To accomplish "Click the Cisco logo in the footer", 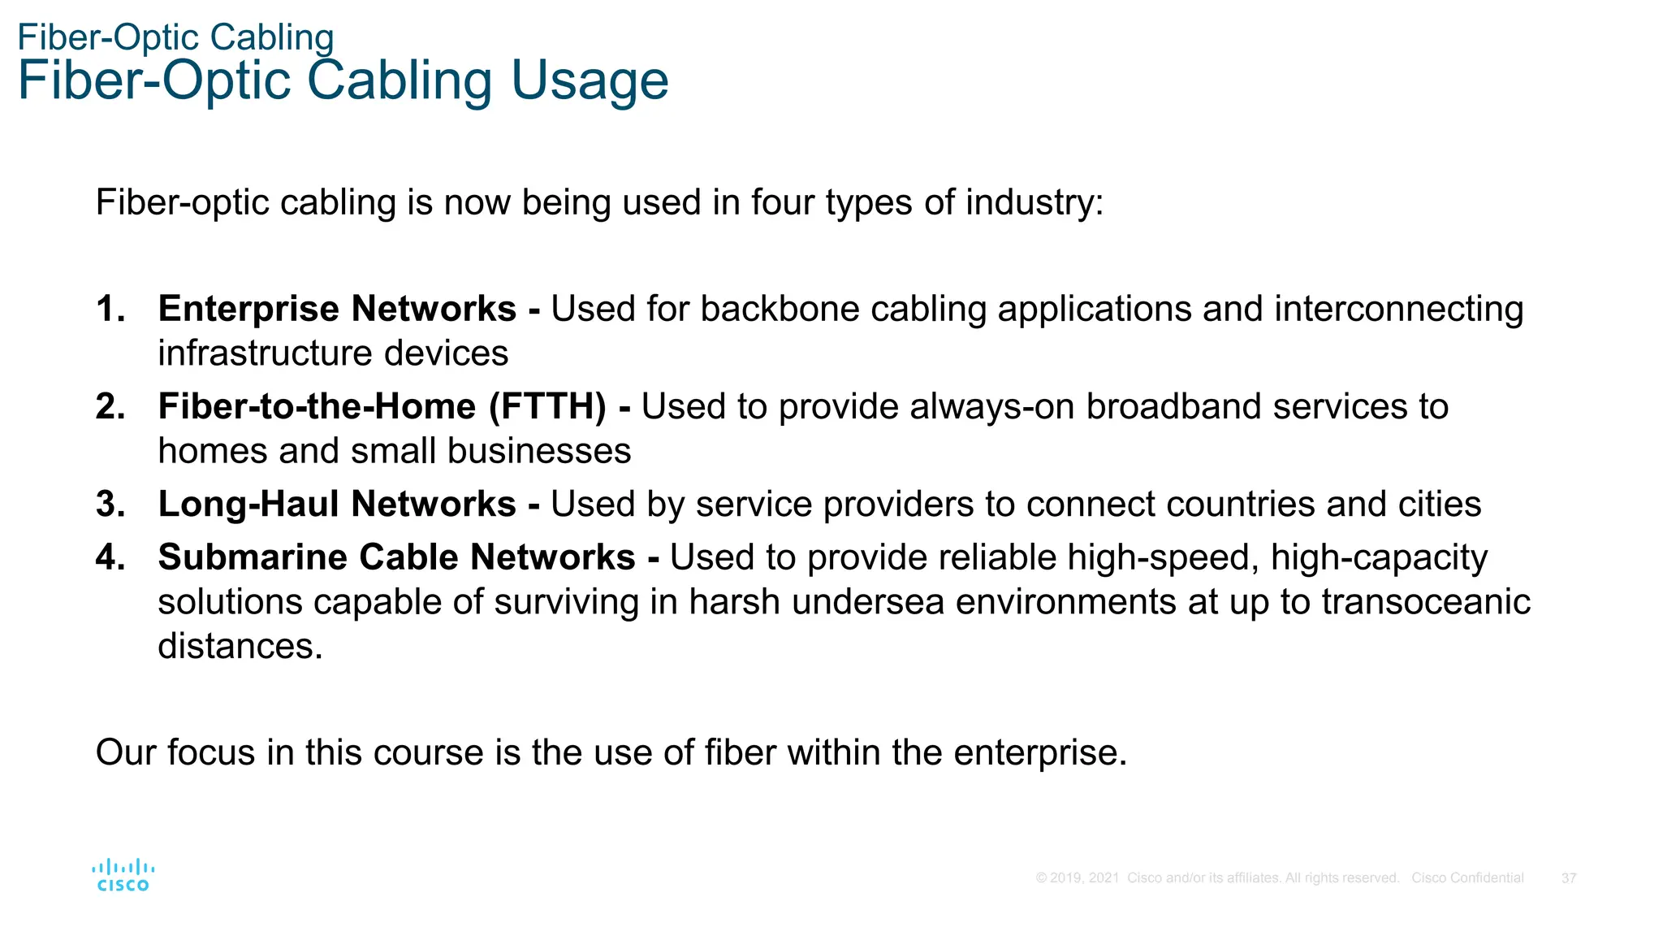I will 123,875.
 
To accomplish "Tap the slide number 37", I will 1569,878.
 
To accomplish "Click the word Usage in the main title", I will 589,81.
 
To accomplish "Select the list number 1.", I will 110,310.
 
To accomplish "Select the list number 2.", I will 110,407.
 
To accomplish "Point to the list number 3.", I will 110,505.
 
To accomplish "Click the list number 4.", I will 110,557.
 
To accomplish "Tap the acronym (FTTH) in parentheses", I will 547,407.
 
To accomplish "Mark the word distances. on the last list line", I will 240,647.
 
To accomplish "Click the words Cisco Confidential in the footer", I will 1467,878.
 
